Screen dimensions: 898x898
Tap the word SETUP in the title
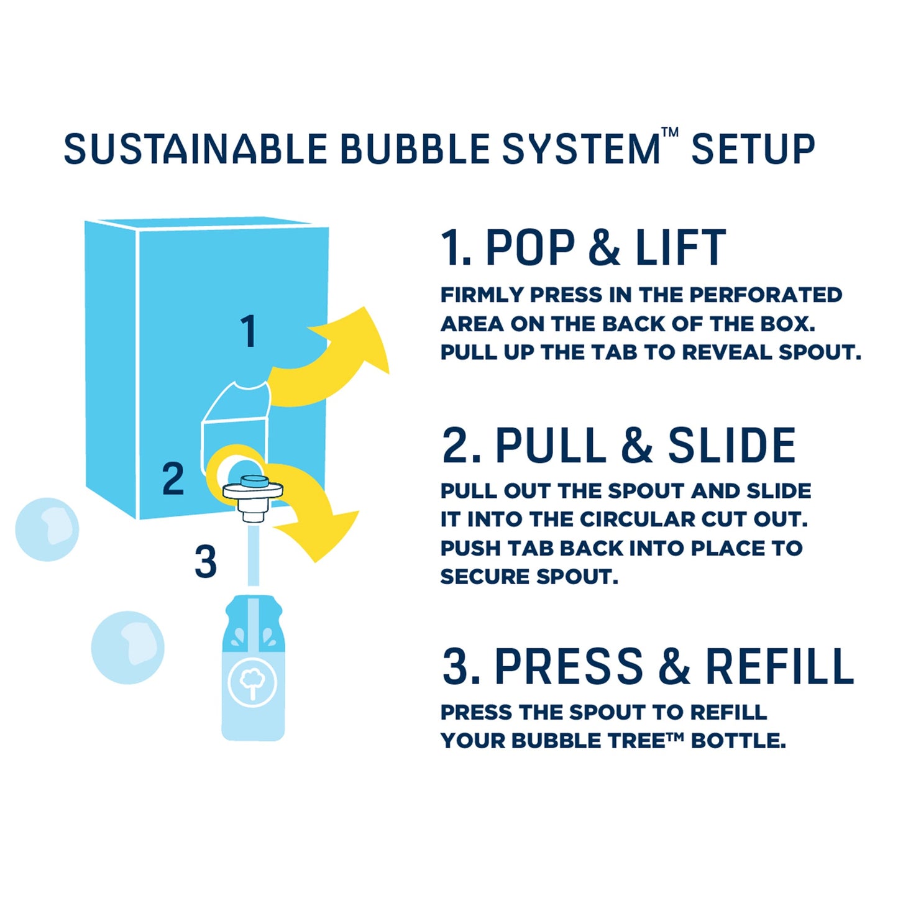pos(753,150)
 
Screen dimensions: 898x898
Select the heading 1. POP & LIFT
pos(583,248)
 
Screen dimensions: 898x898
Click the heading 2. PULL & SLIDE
pos(618,446)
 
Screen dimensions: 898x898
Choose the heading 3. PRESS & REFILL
pos(648,667)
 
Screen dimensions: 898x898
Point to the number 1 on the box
pos(249,331)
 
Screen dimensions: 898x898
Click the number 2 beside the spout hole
pos(173,479)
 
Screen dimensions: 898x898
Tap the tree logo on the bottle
pos(252,682)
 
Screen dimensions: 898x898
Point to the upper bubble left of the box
pos(47,529)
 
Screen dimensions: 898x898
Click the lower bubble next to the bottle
pos(127,648)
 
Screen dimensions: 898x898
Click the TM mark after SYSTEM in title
pos(669,132)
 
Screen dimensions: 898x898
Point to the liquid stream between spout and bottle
pos(253,556)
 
